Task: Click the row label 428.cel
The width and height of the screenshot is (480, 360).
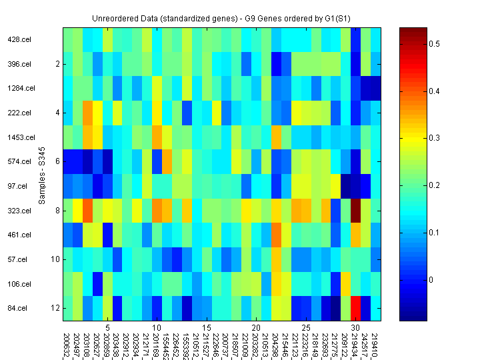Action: tap(19, 40)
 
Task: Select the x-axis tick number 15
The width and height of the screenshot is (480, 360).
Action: tap(207, 328)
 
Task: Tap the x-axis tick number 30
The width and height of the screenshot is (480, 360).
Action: tap(356, 328)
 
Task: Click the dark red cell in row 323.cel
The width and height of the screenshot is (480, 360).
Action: tap(356, 211)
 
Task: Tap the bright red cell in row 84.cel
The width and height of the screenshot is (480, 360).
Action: tap(356, 308)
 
